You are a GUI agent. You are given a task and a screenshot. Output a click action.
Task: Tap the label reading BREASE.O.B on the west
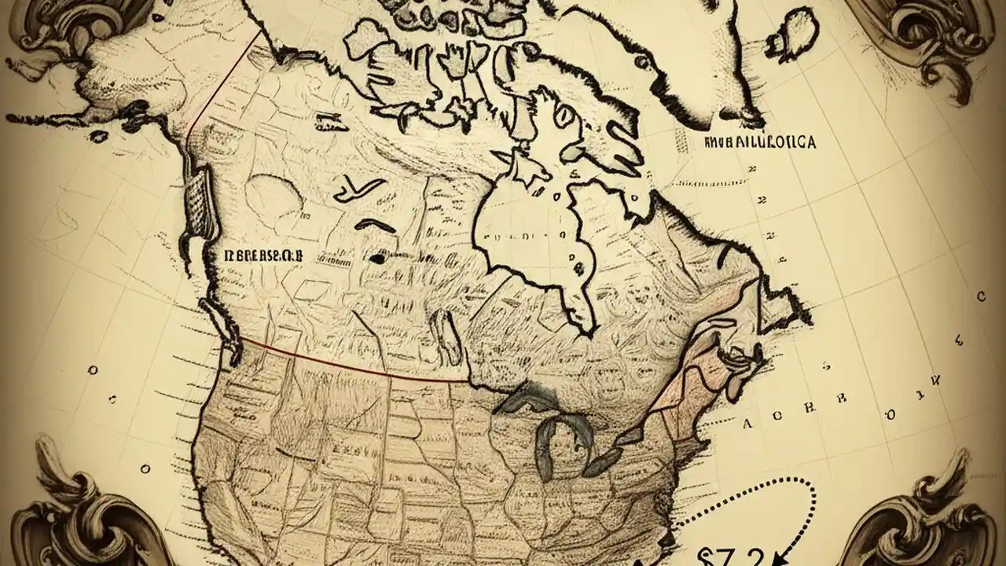coord(263,255)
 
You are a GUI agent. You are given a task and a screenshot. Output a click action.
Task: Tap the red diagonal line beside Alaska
coord(224,79)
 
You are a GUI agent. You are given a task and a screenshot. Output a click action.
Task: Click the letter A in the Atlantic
coord(747,423)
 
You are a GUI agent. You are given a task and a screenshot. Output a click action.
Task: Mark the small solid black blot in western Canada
coord(379,257)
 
